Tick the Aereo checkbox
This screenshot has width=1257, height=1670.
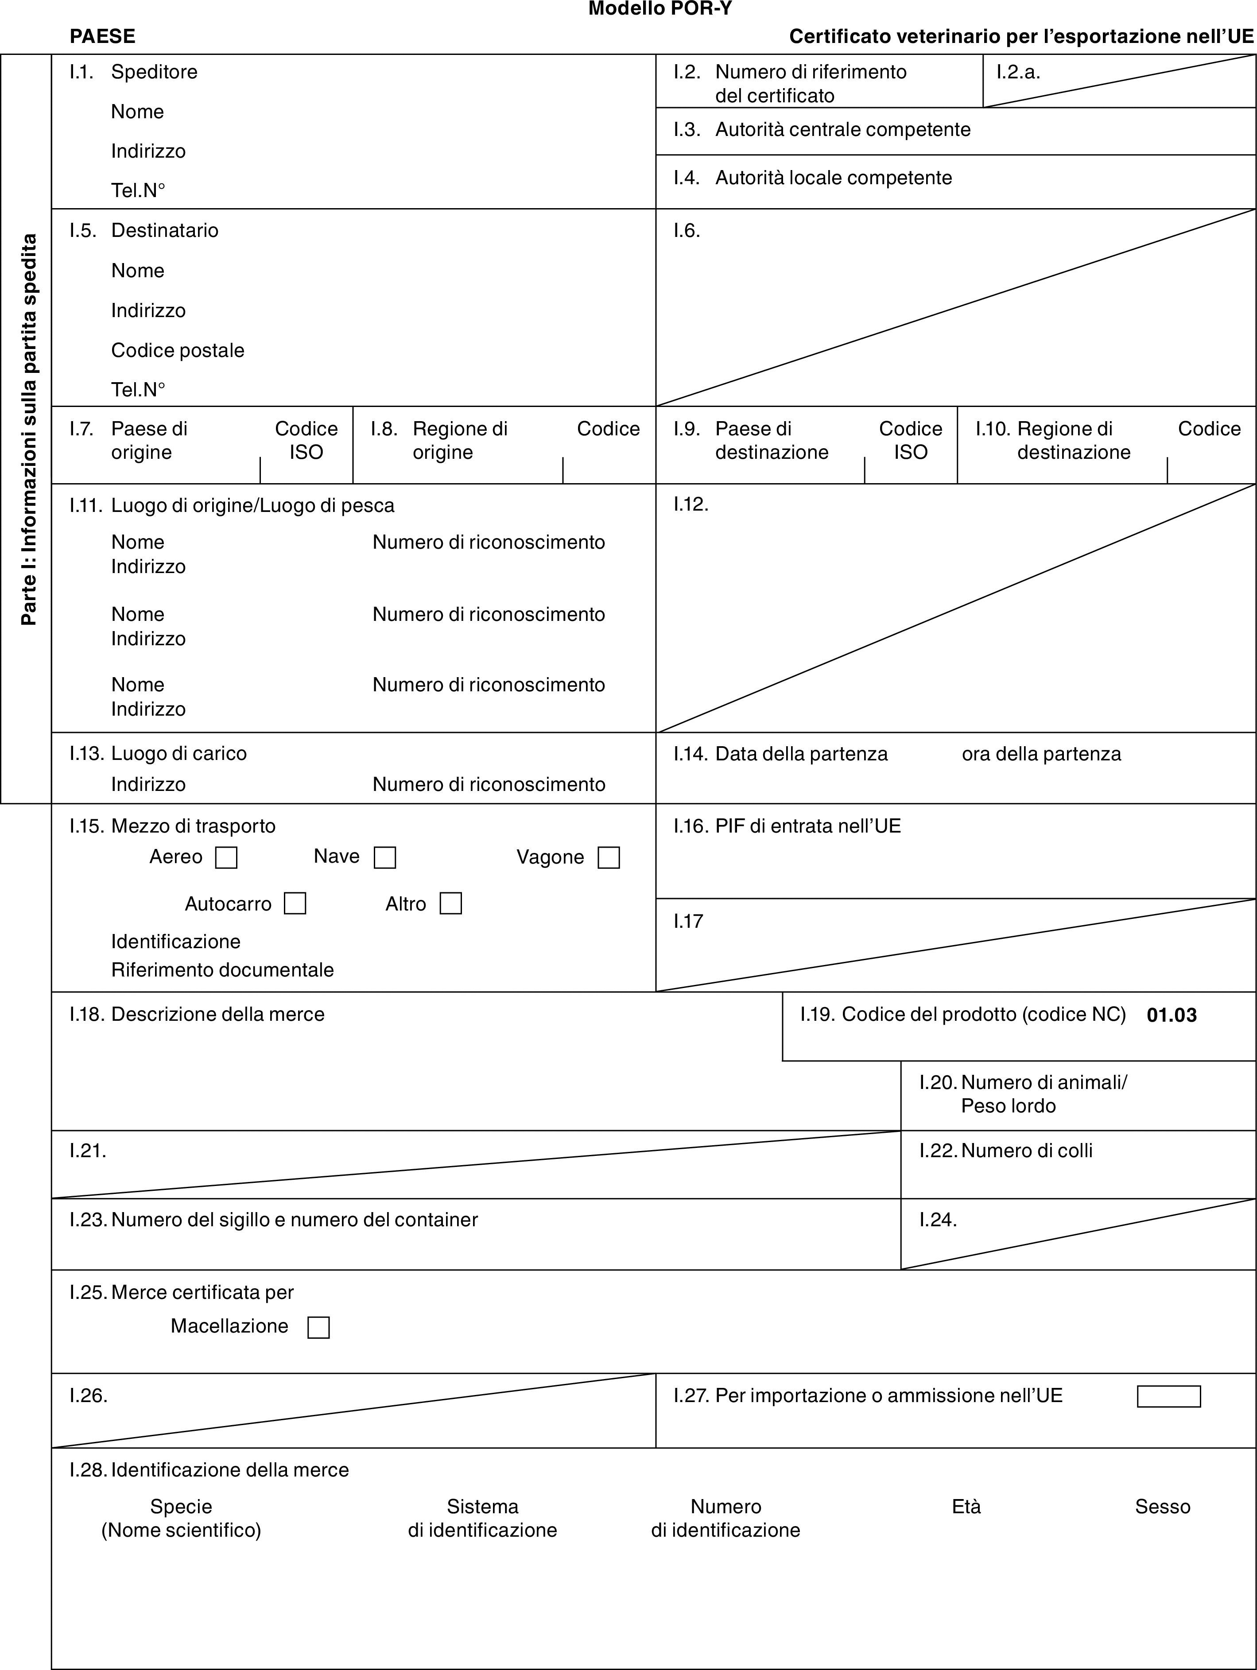pyautogui.click(x=226, y=858)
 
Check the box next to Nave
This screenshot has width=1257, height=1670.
pyautogui.click(x=385, y=858)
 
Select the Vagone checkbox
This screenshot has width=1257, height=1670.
pyautogui.click(x=609, y=858)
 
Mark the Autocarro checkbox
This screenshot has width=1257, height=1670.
pyautogui.click(x=295, y=904)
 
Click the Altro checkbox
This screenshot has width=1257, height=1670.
pyautogui.click(x=451, y=904)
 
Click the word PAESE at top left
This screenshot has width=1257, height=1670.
pyautogui.click(x=103, y=36)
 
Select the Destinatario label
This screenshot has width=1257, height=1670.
pyautogui.click(x=165, y=230)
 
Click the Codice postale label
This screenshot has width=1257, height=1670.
pyautogui.click(x=178, y=350)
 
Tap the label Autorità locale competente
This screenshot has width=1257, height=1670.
pyautogui.click(x=834, y=178)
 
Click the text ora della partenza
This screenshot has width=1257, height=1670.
pyautogui.click(x=1041, y=753)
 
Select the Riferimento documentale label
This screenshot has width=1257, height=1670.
pyautogui.click(x=223, y=970)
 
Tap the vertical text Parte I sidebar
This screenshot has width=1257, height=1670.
pyautogui.click(x=29, y=429)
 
